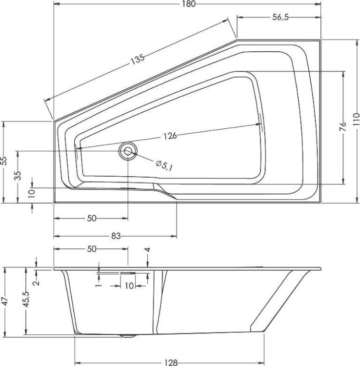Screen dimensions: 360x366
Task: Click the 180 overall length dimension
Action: point(188,4)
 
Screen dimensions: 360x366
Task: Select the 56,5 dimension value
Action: point(280,17)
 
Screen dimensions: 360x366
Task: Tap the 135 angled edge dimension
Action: point(138,59)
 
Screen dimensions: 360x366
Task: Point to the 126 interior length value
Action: point(170,136)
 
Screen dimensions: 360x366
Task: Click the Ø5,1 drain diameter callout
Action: point(164,165)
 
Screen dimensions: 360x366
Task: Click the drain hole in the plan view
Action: point(128,151)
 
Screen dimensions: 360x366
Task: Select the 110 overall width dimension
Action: point(356,120)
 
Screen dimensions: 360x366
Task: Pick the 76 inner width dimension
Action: point(343,127)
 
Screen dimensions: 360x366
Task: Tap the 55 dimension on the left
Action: point(4,161)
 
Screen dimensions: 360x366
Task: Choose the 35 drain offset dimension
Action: point(18,176)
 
